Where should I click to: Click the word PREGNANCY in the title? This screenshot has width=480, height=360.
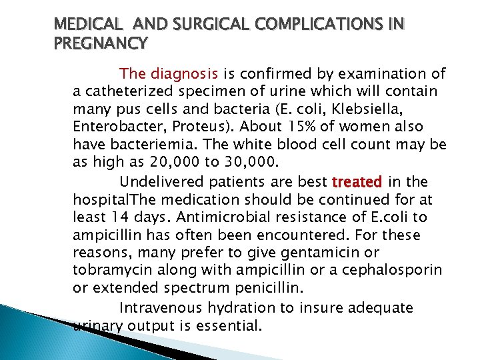[101, 44]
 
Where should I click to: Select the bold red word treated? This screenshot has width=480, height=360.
[357, 182]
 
